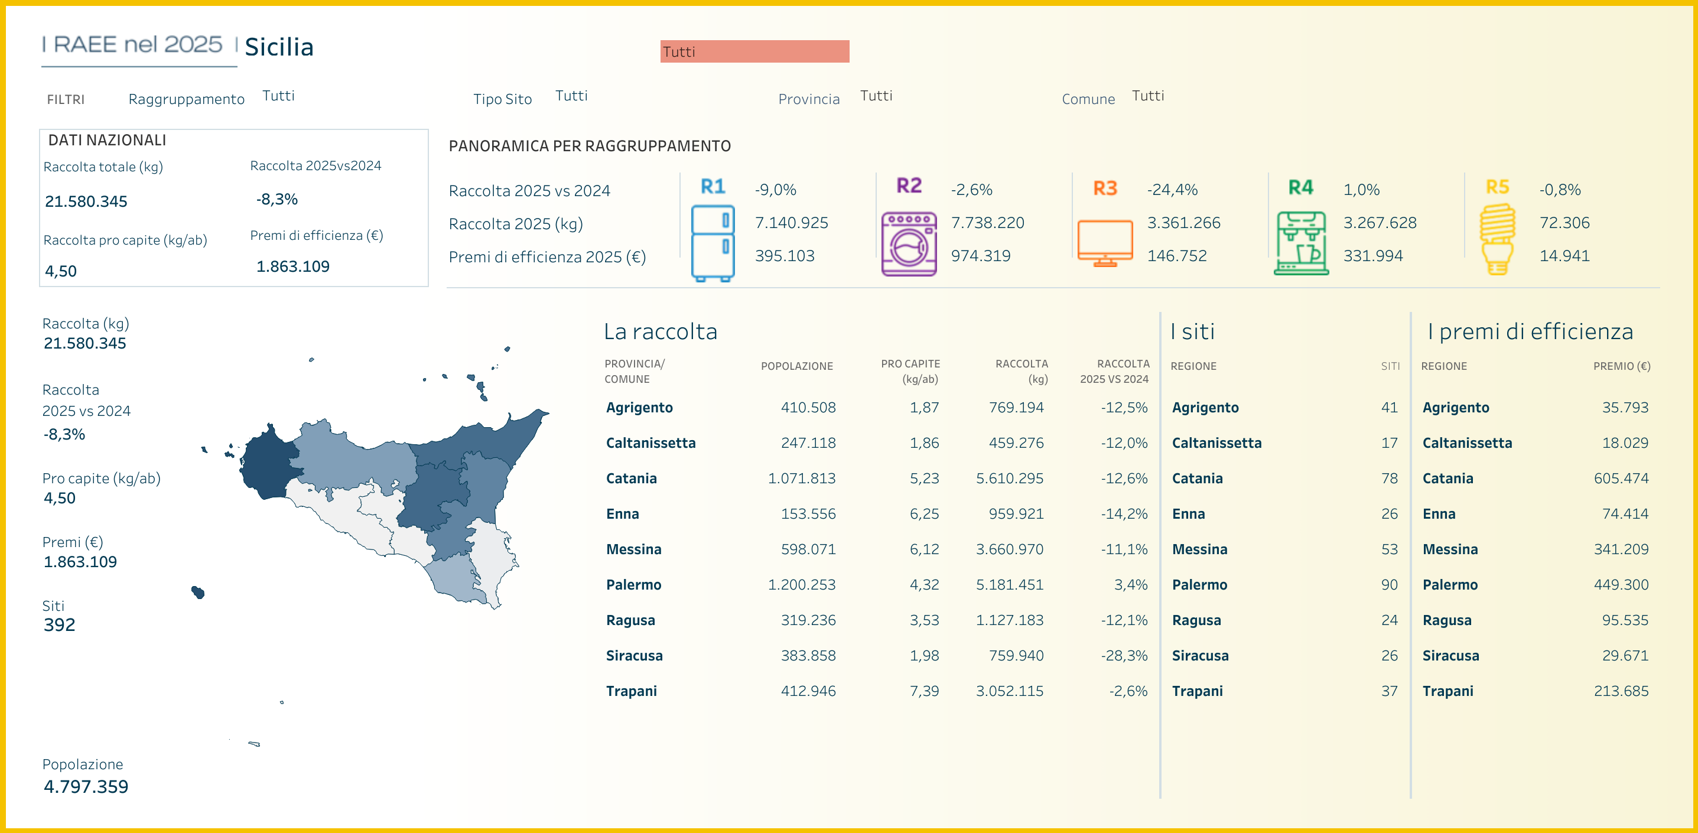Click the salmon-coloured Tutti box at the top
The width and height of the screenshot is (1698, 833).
click(x=754, y=51)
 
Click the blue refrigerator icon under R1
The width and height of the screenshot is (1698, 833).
click(x=713, y=243)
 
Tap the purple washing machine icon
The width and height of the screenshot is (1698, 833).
click(x=909, y=243)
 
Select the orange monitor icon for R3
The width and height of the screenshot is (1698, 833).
click(x=1105, y=243)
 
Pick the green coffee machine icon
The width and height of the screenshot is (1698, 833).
click(x=1301, y=243)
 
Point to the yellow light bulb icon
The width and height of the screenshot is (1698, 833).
click(x=1497, y=239)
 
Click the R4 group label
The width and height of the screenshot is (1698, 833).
click(x=1300, y=188)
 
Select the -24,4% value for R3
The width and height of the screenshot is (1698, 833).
click(x=1172, y=190)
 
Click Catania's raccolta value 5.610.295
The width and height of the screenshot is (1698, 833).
click(x=1009, y=479)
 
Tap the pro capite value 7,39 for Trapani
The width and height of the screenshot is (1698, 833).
click(x=924, y=691)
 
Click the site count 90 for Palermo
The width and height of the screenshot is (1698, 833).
click(x=1389, y=584)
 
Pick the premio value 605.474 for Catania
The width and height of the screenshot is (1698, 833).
click(x=1621, y=479)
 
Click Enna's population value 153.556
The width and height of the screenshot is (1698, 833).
click(x=808, y=514)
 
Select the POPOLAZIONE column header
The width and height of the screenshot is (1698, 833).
click(x=796, y=366)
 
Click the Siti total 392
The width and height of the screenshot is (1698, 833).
click(x=59, y=625)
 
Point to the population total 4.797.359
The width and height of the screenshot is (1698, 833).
click(x=86, y=786)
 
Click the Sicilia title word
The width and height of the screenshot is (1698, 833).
click(x=279, y=47)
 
